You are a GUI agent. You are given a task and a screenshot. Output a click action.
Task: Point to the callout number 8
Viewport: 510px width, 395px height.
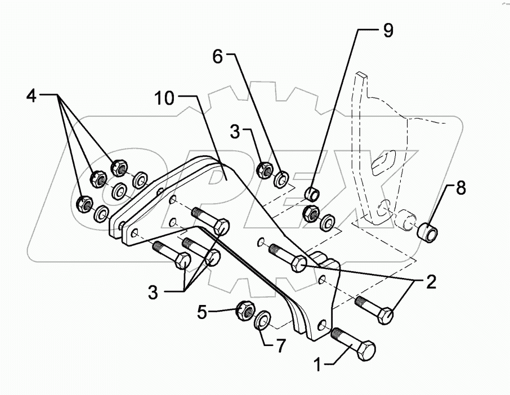[x=461, y=188]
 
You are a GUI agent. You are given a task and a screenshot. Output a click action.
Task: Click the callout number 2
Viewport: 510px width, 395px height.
[x=430, y=281]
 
